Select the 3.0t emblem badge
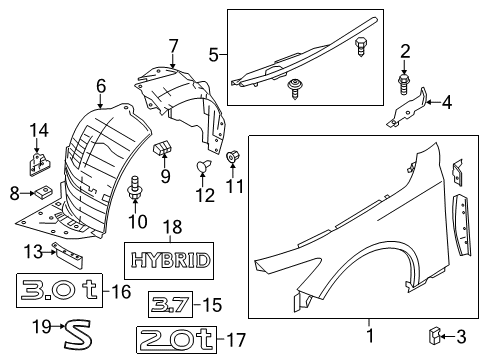[62, 291]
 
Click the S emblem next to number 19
[74, 328]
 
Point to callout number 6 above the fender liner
[101, 88]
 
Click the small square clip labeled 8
[41, 193]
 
